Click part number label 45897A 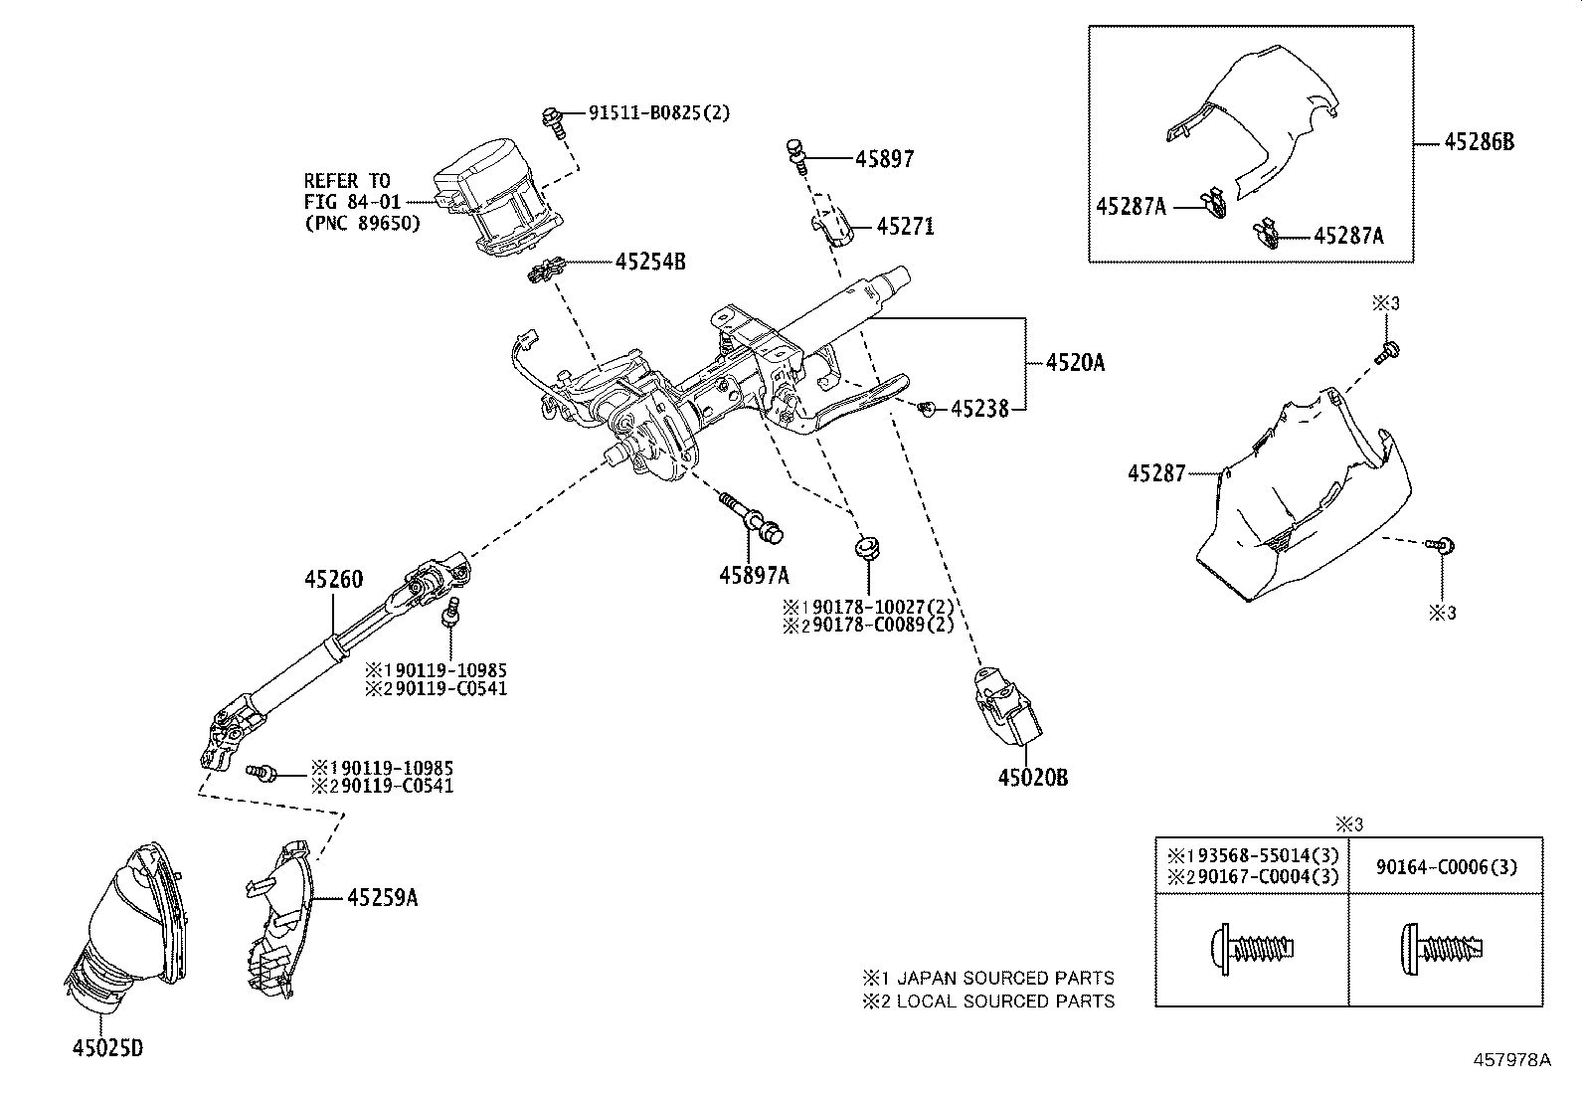pyautogui.click(x=754, y=575)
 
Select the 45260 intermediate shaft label pyautogui.click(x=333, y=579)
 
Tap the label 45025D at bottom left pyautogui.click(x=106, y=1048)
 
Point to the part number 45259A pyautogui.click(x=382, y=898)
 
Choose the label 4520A pyautogui.click(x=1075, y=363)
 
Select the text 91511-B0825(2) pyautogui.click(x=658, y=113)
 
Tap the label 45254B pyautogui.click(x=650, y=263)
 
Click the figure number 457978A pyautogui.click(x=1511, y=1060)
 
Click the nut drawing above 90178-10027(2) pyautogui.click(x=866, y=548)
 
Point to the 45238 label pyautogui.click(x=979, y=409)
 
